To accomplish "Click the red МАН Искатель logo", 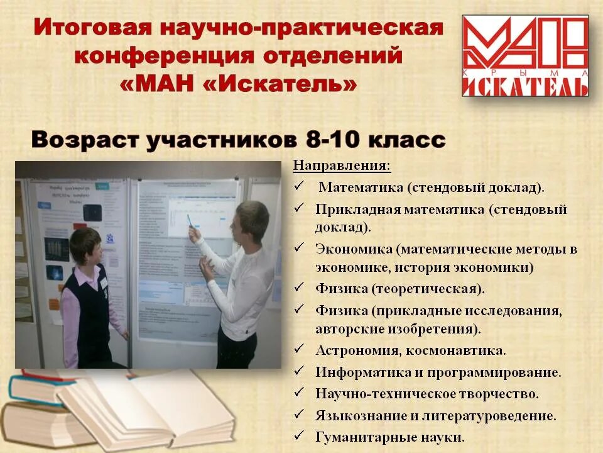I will point(525,57).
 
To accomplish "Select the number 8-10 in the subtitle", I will point(340,138).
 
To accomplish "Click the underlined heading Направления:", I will point(342,166).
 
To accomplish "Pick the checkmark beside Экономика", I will point(300,247).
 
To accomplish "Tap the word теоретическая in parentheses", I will point(427,289).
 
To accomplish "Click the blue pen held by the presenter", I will point(190,221).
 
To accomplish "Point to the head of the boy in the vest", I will point(85,245).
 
